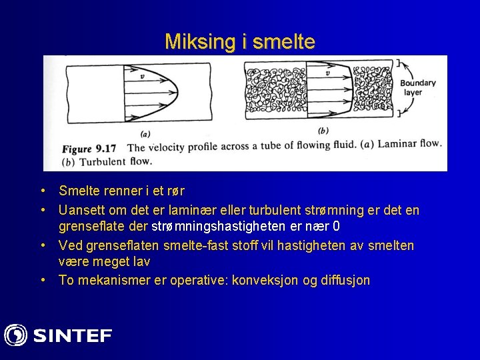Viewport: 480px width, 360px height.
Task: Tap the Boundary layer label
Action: click(x=417, y=87)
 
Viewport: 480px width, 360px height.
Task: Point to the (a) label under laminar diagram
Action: click(x=145, y=133)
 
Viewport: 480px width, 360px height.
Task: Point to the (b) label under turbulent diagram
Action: click(x=324, y=131)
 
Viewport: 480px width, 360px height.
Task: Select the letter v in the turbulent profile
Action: click(x=325, y=75)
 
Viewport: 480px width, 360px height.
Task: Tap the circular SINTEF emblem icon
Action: click(x=16, y=335)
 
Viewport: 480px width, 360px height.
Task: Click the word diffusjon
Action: click(x=345, y=280)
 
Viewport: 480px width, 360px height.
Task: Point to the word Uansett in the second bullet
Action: click(x=79, y=211)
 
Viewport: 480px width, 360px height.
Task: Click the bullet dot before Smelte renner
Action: click(x=43, y=191)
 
